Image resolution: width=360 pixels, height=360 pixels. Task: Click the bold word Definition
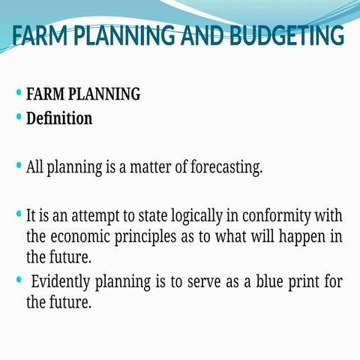[x=59, y=118]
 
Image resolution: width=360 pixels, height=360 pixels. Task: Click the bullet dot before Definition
[x=19, y=116]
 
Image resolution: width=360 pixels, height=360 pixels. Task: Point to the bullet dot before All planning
[x=19, y=165]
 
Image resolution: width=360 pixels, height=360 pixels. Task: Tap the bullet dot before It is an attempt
[x=19, y=214]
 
